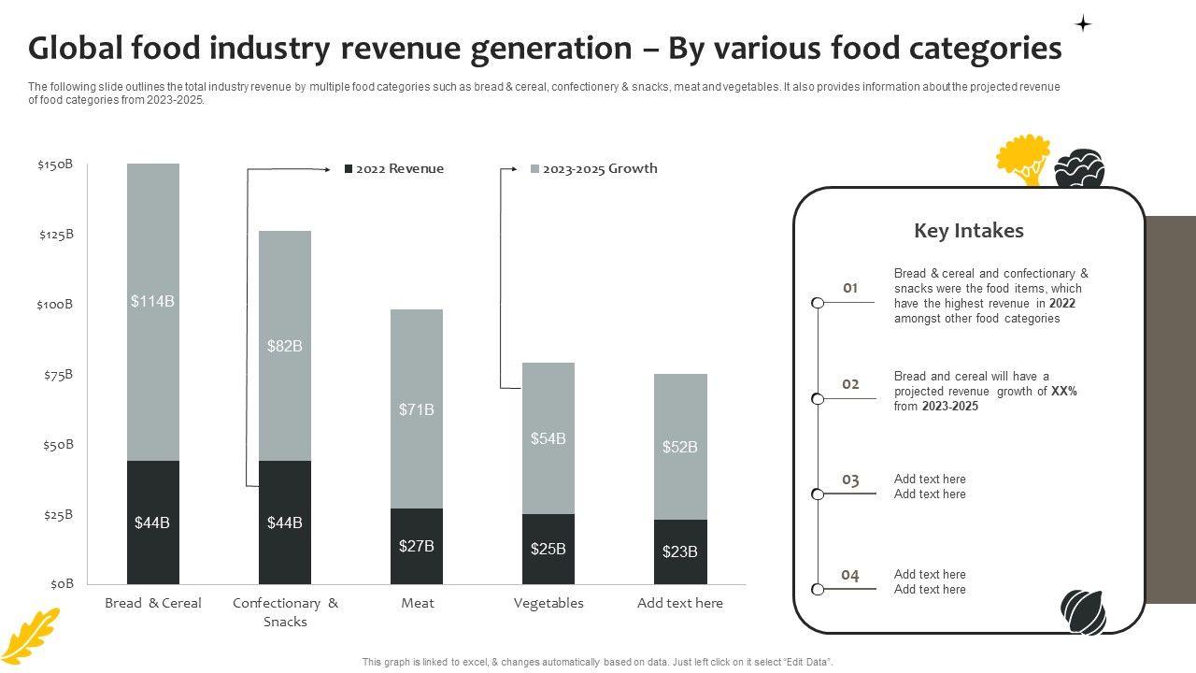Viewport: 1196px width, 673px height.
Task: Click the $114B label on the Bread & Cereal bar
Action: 152,301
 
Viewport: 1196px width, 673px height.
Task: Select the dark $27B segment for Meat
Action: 417,546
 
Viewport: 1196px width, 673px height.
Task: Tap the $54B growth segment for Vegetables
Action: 548,438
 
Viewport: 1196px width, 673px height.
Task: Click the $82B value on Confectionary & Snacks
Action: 285,346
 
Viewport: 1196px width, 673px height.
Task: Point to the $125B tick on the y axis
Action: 56,235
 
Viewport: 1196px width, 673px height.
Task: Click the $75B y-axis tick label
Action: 57,375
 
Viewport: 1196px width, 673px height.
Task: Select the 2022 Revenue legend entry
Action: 394,169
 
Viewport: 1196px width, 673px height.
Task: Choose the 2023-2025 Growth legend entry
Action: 594,169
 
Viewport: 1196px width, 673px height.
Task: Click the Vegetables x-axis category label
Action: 548,603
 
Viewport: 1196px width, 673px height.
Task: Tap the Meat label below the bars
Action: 418,603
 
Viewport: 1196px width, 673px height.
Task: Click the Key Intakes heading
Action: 969,231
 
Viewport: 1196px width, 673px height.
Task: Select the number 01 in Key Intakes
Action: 850,288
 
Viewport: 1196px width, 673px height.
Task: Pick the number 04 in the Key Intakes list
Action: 850,575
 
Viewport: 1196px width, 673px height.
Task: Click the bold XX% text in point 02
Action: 1064,392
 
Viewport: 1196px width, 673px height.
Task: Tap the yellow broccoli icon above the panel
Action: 1023,159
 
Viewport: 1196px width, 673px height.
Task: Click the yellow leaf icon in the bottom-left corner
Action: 30,636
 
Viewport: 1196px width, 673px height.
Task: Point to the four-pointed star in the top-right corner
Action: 1083,23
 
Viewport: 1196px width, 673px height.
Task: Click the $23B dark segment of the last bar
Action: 680,551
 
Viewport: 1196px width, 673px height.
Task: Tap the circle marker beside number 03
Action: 818,494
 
